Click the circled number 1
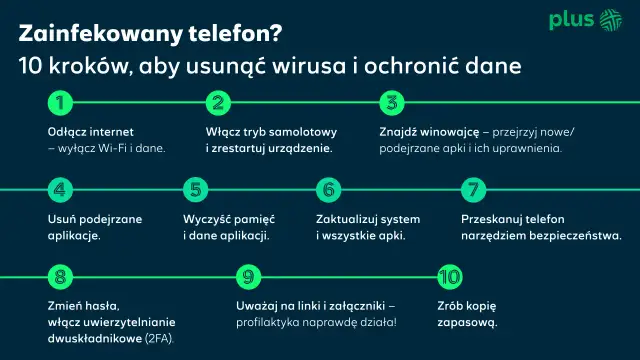point(61,102)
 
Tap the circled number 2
point(218,102)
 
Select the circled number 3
point(393,102)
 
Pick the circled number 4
point(61,190)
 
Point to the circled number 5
point(196,190)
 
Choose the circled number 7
point(474,190)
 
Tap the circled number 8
point(61,277)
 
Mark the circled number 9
point(250,277)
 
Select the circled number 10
point(449,277)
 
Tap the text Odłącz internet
point(90,132)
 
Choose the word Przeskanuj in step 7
point(493,219)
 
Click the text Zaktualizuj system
point(368,219)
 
